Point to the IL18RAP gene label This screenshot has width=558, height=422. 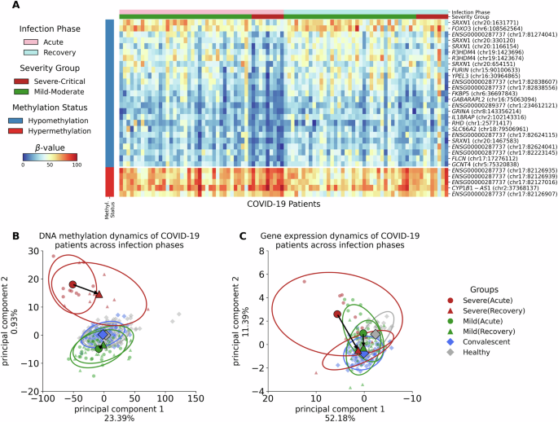[x=486, y=116]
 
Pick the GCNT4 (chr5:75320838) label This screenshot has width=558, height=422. [x=484, y=162]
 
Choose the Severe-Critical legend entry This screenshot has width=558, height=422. [x=32, y=81]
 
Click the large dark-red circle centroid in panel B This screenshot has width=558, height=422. [x=72, y=284]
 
